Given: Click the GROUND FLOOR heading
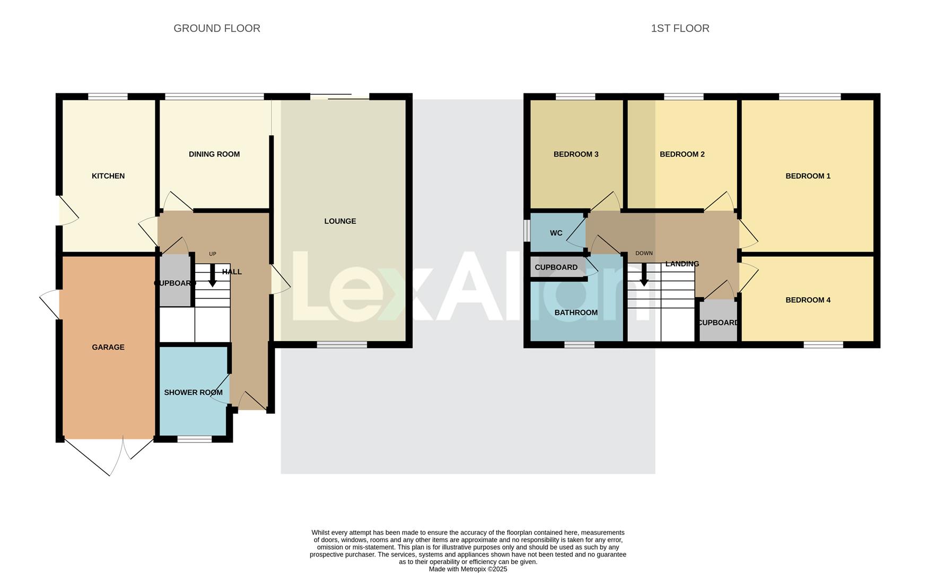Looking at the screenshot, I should tap(217, 29).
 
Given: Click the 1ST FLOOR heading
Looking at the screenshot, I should tap(680, 29).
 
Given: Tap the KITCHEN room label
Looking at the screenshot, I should tap(108, 176).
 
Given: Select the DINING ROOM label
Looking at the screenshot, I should tap(214, 154).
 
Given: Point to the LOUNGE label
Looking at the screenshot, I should tap(340, 221).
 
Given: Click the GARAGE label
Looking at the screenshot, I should tap(108, 348).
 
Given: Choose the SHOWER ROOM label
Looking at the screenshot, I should tap(193, 393).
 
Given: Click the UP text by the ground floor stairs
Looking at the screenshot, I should tap(213, 254).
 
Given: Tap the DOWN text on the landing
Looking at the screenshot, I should tap(644, 254).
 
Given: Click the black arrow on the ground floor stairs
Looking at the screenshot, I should tap(212, 276).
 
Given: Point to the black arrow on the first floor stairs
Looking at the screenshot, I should tap(644, 276).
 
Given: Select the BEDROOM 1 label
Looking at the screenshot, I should tap(808, 176).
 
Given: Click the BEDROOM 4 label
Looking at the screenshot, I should tap(808, 300).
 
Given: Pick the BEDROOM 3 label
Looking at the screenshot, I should tap(576, 154).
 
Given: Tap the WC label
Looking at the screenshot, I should tap(556, 233).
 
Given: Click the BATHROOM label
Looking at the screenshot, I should tap(576, 313).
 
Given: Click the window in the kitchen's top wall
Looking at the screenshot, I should tap(108, 97).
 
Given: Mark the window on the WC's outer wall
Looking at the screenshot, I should tap(527, 230).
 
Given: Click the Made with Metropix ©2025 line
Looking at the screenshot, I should tap(468, 569).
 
